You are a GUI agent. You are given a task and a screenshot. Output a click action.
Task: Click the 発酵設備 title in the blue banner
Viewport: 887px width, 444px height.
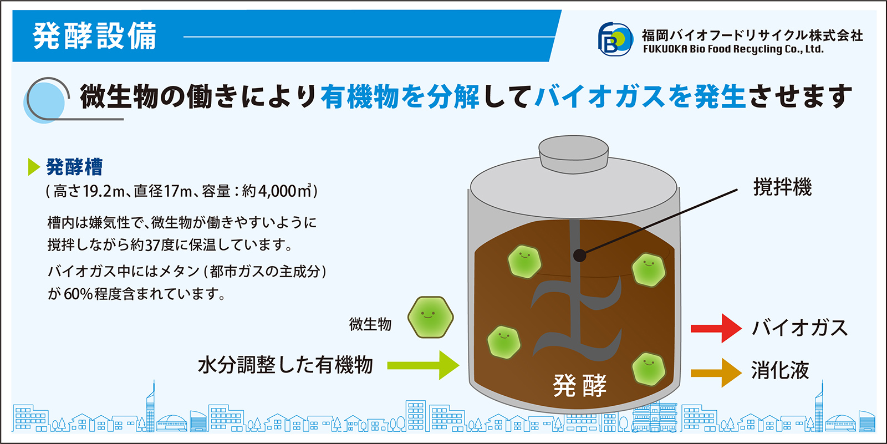coord(95,36)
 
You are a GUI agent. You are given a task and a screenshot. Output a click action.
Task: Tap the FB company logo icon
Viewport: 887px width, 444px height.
coord(615,39)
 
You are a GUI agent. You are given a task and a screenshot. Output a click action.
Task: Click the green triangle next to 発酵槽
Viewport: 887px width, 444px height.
coord(34,167)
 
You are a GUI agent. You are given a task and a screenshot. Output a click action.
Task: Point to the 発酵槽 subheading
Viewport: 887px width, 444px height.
coord(74,167)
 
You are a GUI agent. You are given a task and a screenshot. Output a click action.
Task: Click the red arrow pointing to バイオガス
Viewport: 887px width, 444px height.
coord(716,328)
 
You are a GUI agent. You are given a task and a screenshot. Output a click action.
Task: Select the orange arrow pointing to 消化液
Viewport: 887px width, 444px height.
coord(716,372)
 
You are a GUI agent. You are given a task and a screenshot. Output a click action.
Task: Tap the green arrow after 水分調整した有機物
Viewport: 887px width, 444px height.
coord(423,365)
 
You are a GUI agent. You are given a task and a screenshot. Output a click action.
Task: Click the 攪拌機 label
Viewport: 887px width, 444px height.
coord(782,187)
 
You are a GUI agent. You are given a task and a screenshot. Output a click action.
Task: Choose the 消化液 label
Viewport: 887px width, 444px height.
coord(780,371)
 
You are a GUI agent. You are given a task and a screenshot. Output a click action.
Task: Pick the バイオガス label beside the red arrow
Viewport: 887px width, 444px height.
coord(799,328)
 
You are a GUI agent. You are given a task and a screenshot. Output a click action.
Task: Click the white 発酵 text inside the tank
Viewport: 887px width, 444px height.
coord(580,385)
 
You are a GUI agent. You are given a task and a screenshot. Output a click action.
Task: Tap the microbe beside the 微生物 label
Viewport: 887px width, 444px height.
coord(430,317)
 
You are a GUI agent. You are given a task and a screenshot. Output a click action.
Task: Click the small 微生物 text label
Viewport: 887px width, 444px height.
coord(370,324)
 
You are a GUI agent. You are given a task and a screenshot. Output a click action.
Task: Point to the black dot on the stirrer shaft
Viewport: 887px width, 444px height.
coord(580,256)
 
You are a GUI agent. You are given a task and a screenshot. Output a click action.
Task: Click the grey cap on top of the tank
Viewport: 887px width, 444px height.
coord(573,154)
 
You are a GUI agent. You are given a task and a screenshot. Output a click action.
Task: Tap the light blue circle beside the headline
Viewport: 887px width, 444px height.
coord(44,103)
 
